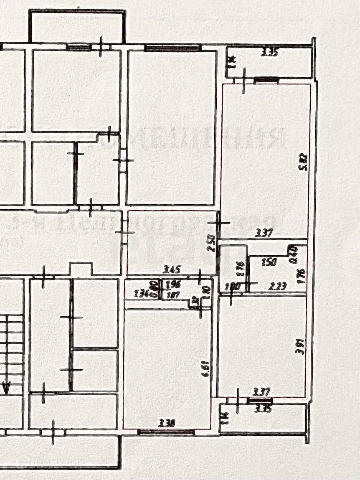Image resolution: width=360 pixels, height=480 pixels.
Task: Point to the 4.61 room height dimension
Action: [x=205, y=370]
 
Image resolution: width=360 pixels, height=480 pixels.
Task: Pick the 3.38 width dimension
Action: [x=166, y=423]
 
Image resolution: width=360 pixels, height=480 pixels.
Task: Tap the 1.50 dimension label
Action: [x=269, y=262]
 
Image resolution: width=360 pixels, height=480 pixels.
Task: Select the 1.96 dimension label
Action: [x=173, y=285]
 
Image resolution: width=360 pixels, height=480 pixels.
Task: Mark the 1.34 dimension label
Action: [x=142, y=294]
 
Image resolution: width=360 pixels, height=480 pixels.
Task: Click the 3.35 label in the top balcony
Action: [x=270, y=53]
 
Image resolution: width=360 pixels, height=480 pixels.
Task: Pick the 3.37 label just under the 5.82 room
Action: [x=264, y=233]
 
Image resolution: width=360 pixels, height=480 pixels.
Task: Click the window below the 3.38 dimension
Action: [x=166, y=432]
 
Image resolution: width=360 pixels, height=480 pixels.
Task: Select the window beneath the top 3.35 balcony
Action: [x=266, y=79]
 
